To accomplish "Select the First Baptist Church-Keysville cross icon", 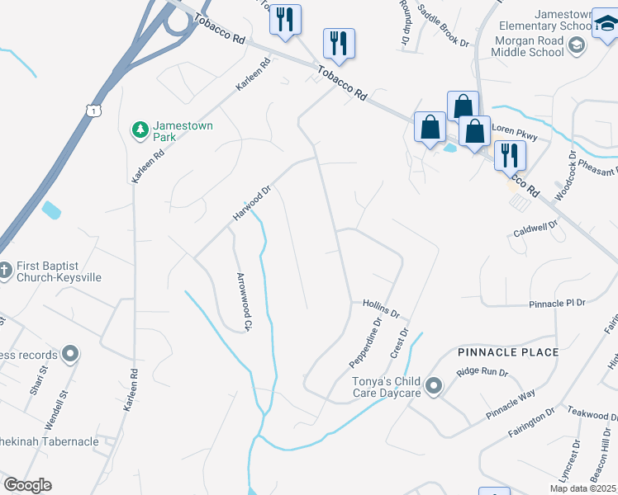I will click(6, 270).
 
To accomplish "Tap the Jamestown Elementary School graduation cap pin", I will click(606, 26).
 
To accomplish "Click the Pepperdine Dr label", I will click(365, 343).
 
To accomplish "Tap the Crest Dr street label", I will click(399, 342).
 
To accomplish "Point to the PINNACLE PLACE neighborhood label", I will click(508, 352).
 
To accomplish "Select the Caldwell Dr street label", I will click(536, 226).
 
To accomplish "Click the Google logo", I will click(27, 485).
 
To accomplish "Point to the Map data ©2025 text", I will click(582, 488).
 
